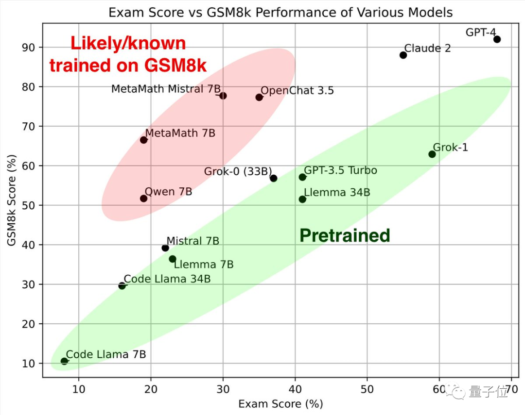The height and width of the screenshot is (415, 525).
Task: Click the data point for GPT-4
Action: [x=497, y=39]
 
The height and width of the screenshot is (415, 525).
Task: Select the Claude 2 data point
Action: [x=403, y=55]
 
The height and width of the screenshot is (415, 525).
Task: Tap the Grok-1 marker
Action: [x=432, y=154]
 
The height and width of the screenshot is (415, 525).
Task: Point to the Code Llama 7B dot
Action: [x=64, y=361]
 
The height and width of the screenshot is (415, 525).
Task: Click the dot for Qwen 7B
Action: [x=143, y=199]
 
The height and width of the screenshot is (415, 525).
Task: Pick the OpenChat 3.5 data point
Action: [x=259, y=97]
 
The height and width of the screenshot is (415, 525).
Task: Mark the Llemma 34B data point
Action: [x=302, y=199]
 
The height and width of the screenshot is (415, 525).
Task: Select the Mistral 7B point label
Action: [x=192, y=241]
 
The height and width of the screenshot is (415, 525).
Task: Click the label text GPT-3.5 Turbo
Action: [x=340, y=170]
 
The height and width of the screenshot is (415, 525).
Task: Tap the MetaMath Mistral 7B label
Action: [x=166, y=89]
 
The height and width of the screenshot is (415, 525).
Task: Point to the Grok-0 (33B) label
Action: [x=238, y=171]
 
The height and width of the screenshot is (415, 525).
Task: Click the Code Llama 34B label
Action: [x=167, y=279]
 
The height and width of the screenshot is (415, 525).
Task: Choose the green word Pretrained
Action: [x=345, y=235]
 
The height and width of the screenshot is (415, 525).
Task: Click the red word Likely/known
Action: [x=128, y=44]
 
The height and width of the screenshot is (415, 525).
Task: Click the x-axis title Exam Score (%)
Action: [x=280, y=404]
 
